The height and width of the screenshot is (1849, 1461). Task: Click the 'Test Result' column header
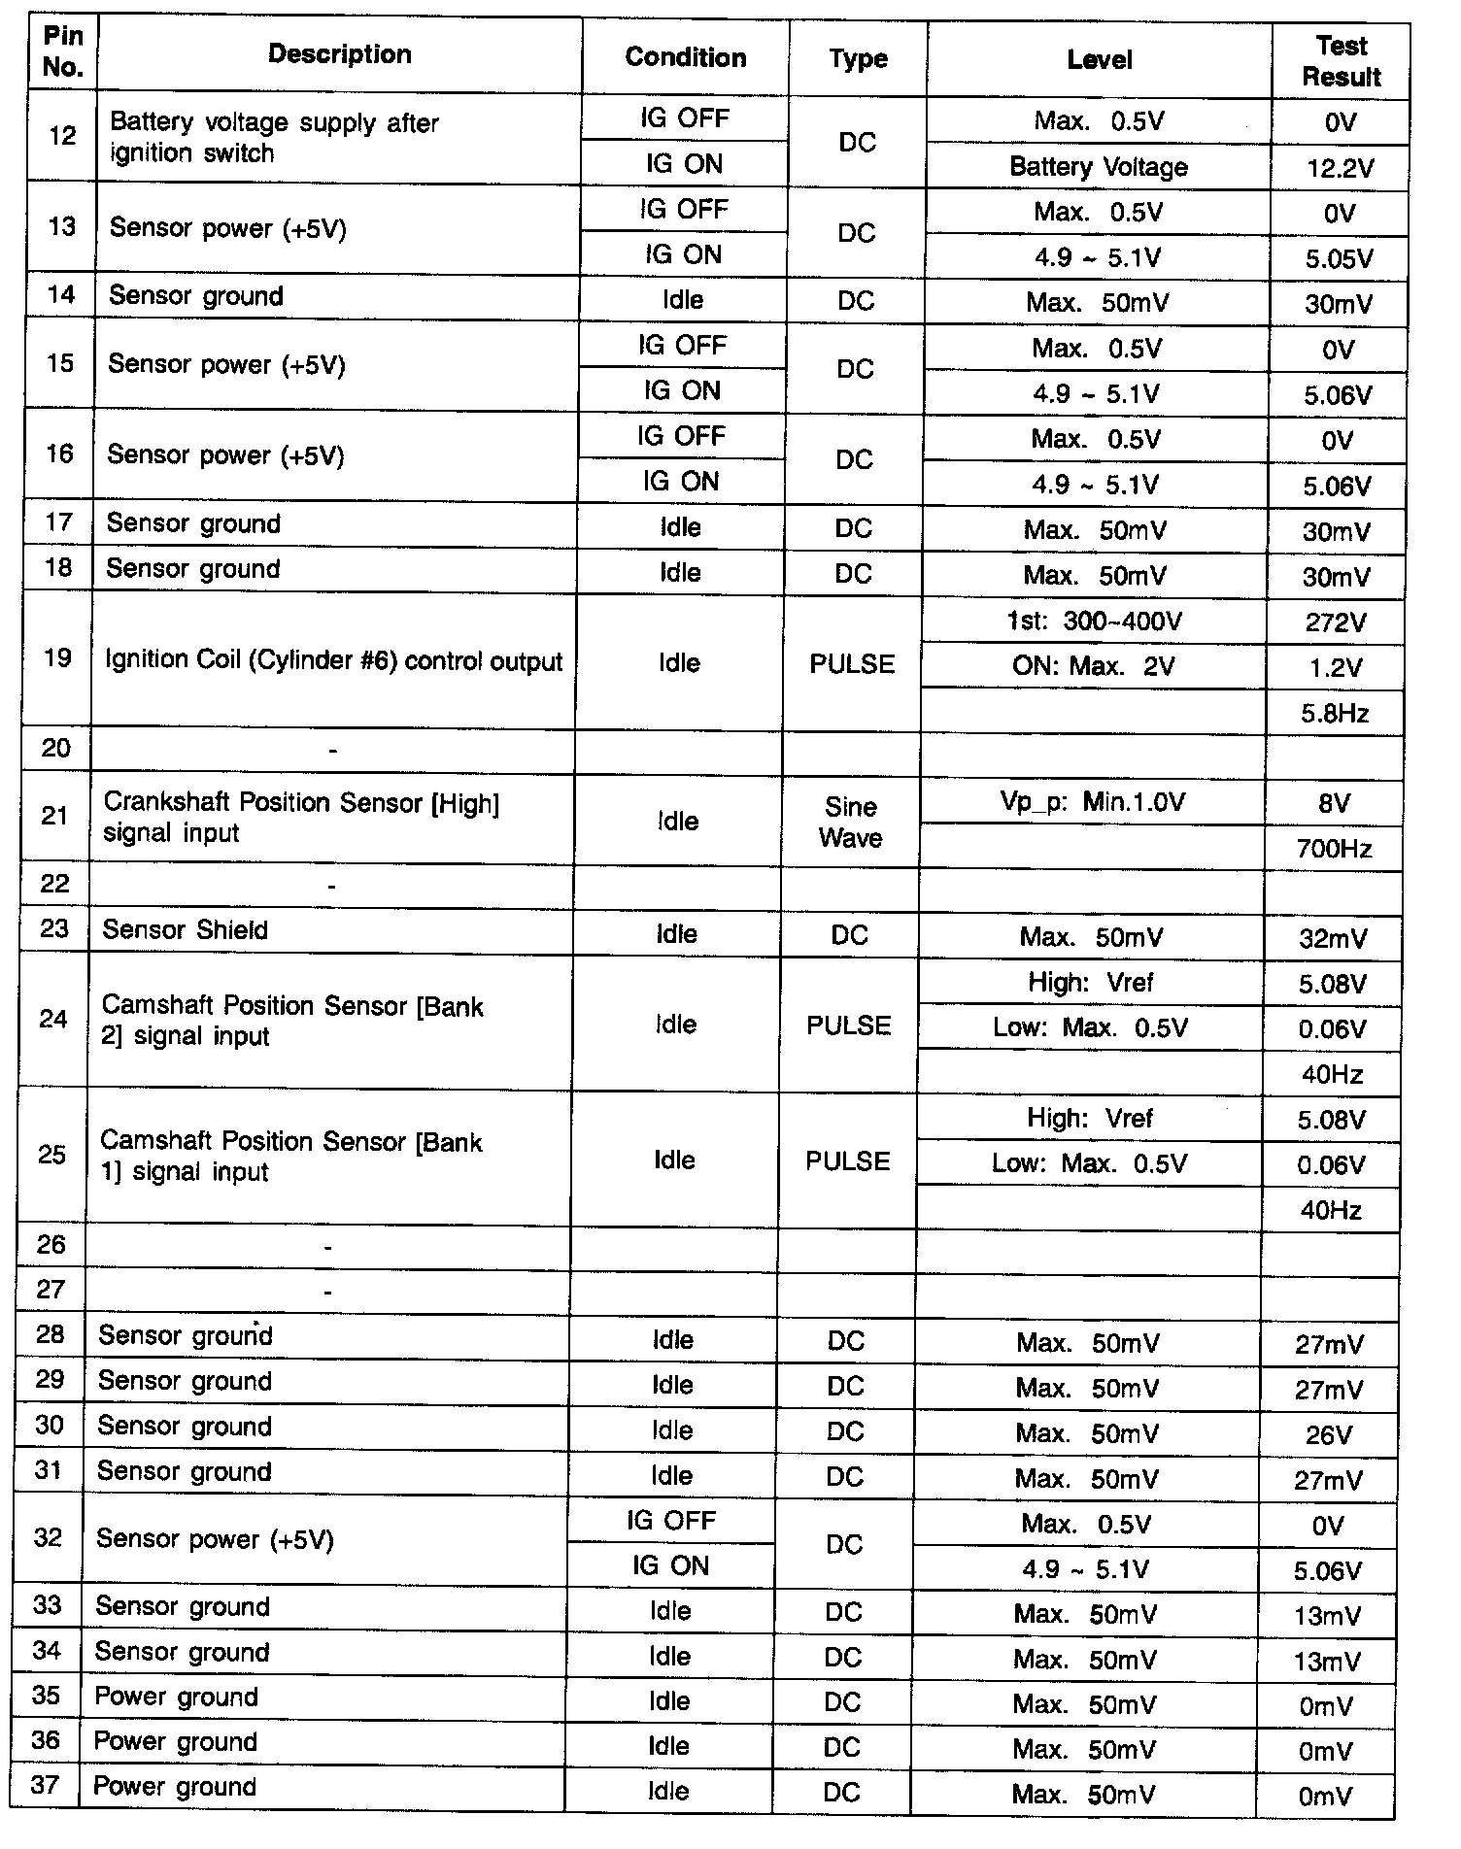(x=1341, y=60)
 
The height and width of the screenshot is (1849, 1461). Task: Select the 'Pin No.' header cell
(x=63, y=52)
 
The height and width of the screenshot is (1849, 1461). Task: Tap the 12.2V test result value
(x=1340, y=168)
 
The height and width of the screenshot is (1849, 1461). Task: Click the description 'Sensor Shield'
(x=185, y=930)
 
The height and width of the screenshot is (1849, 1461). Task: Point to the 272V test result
(x=1336, y=622)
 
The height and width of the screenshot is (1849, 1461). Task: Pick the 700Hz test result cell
(x=1334, y=850)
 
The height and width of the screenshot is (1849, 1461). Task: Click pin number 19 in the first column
(x=57, y=658)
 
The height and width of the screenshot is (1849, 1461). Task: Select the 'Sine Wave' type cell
(x=850, y=822)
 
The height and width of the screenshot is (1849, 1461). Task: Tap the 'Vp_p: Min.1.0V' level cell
(x=1093, y=802)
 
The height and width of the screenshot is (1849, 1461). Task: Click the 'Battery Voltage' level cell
(x=1099, y=167)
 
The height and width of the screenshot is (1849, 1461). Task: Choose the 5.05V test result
(x=1339, y=259)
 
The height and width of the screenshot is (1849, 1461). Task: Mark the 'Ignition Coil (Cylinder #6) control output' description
(x=333, y=661)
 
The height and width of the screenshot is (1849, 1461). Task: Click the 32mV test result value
(x=1333, y=939)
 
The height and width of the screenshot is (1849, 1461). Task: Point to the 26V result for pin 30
(x=1329, y=1435)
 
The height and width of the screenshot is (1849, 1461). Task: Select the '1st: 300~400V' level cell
(x=1095, y=622)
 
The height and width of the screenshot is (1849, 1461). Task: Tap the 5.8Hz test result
(x=1335, y=714)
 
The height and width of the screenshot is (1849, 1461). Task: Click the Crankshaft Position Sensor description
(x=301, y=818)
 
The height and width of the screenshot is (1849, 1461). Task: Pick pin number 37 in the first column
(x=46, y=1785)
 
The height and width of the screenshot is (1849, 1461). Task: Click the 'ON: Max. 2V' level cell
(x=1094, y=667)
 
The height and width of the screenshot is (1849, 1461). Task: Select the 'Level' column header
(x=1099, y=60)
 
